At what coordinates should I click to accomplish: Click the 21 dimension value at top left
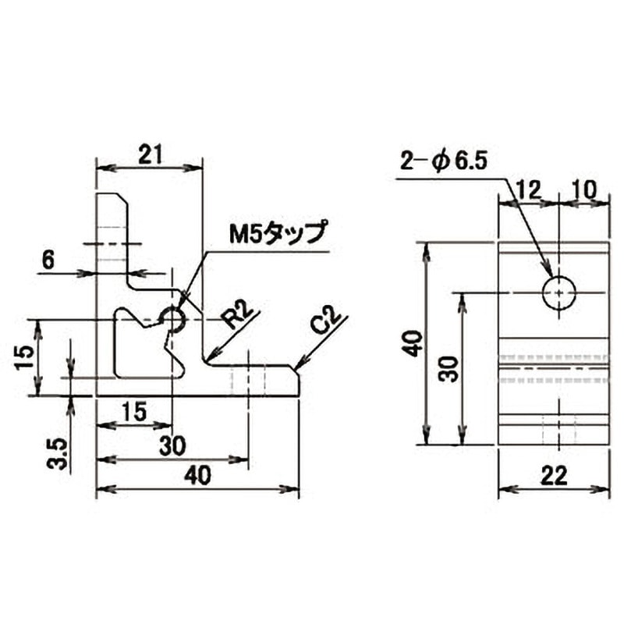(x=151, y=154)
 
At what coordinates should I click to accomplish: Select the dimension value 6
(x=48, y=261)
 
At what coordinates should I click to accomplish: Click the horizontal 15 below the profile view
(x=134, y=412)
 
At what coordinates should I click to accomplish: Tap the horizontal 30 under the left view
(x=172, y=445)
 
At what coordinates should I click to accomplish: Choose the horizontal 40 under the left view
(x=198, y=475)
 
